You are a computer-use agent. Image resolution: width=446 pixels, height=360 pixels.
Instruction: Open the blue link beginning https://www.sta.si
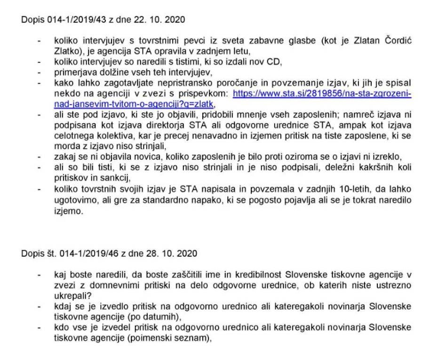(x=322, y=94)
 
